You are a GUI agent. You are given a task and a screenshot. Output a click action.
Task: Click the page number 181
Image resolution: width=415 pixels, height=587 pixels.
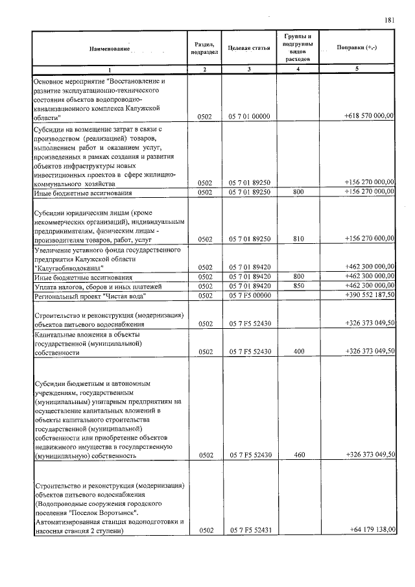pyautogui.click(x=390, y=20)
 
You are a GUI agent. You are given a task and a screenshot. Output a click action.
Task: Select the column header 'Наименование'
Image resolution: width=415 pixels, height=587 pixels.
pyautogui.click(x=110, y=49)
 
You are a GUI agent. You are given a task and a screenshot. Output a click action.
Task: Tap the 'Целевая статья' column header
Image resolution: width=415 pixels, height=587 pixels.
pyautogui.click(x=249, y=49)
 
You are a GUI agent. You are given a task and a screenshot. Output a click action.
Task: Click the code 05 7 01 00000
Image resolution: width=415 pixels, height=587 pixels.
pyautogui.click(x=249, y=116)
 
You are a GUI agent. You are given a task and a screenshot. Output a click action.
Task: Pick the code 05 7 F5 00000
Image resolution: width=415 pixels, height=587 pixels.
pyautogui.click(x=249, y=296)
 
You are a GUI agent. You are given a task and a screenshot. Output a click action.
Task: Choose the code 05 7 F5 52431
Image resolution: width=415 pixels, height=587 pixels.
pyautogui.click(x=249, y=531)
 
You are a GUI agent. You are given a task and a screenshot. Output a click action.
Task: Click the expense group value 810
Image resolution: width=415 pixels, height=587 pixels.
pyautogui.click(x=298, y=239)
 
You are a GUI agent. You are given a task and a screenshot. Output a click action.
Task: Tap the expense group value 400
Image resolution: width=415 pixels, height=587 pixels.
pyautogui.click(x=298, y=352)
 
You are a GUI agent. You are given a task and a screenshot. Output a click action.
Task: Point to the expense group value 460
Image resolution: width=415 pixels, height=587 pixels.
pyautogui.click(x=298, y=455)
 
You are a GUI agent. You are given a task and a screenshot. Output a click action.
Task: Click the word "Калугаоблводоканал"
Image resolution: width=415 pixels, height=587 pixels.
pyautogui.click(x=68, y=267)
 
